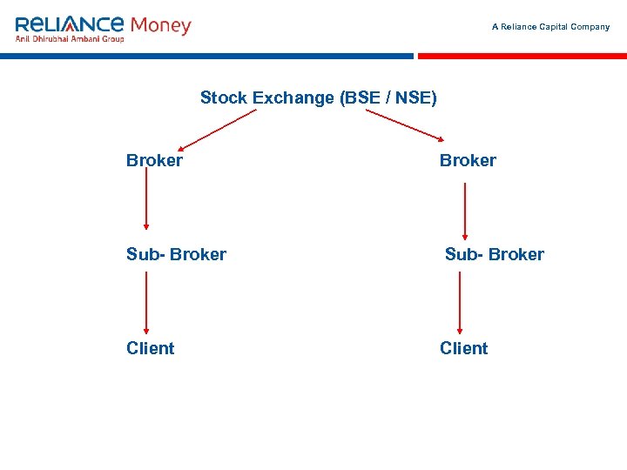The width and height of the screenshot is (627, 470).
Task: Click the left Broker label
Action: click(154, 160)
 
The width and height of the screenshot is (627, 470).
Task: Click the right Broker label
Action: click(468, 160)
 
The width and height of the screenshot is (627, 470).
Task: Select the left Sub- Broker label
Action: click(176, 254)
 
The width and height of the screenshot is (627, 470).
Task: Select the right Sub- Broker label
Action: click(494, 254)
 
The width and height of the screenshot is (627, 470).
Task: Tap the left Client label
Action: click(150, 348)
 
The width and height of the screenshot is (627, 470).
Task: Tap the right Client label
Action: click(463, 348)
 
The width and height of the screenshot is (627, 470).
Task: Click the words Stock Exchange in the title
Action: click(267, 97)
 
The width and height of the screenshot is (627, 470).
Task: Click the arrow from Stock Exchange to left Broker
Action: click(219, 129)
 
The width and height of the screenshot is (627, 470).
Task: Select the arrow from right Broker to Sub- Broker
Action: click(465, 210)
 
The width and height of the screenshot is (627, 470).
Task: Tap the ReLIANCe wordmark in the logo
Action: click(70, 23)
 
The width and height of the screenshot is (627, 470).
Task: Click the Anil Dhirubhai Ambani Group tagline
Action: click(70, 38)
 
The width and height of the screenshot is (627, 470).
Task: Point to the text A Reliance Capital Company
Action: click(550, 27)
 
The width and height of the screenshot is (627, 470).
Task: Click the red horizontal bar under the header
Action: click(522, 56)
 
